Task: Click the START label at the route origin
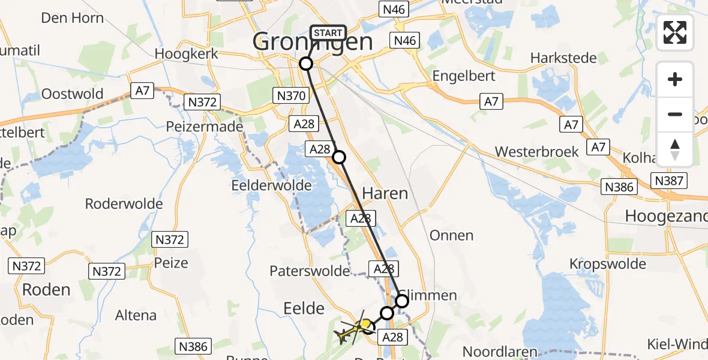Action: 328,32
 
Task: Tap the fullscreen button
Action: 675,32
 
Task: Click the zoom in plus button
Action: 675,80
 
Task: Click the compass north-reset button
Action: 675,149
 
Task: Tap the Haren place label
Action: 385,193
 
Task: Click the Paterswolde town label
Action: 310,271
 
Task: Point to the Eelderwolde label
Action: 272,185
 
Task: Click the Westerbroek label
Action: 537,151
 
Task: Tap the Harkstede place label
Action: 563,58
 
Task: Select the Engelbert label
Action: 464,76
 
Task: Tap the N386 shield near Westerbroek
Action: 619,187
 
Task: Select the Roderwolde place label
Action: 124,203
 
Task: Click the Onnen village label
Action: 452,235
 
